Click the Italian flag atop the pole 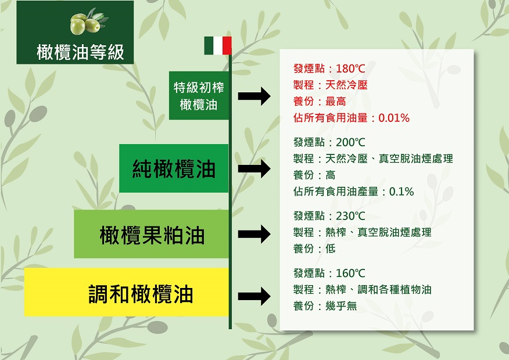tap(218, 45)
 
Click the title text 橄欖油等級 tap(81, 52)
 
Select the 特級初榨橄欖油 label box tap(199, 96)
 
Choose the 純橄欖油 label tap(174, 168)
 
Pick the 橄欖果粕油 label tap(151, 234)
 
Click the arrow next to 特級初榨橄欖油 tap(254, 96)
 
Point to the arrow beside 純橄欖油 tap(254, 168)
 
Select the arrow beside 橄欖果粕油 tap(254, 234)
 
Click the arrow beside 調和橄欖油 tap(254, 296)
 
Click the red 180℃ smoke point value tap(350, 69)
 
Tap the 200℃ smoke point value tap(350, 142)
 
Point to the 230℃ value tap(350, 215)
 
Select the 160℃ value tap(350, 273)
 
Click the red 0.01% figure tap(394, 118)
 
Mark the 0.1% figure tap(402, 192)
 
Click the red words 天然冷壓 tap(346, 85)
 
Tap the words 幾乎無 tap(341, 306)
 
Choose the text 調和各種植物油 tap(395, 289)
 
